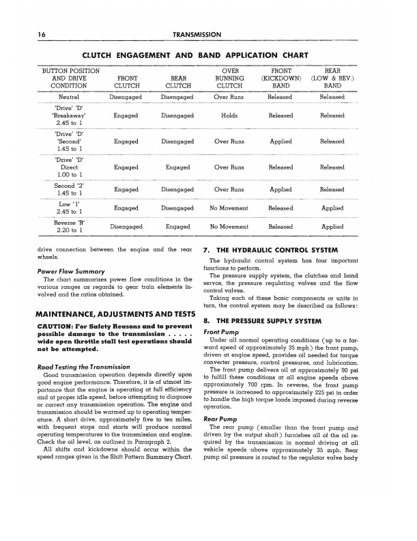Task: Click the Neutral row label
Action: click(68, 98)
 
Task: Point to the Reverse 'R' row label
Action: click(68, 227)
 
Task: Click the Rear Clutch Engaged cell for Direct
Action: click(177, 167)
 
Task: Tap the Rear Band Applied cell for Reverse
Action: click(332, 227)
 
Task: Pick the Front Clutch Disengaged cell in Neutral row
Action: click(126, 98)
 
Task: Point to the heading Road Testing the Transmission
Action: click(83, 367)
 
